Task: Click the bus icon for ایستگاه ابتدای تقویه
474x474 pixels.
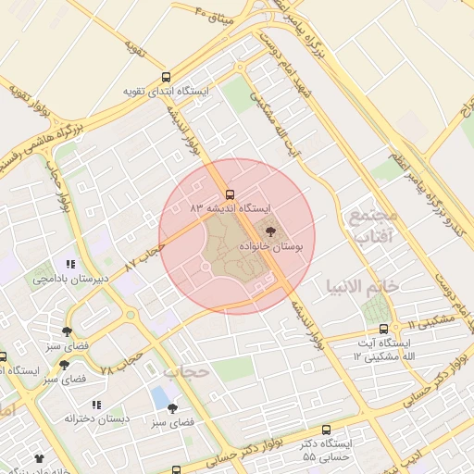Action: pos(166,78)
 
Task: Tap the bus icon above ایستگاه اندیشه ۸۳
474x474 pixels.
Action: pos(230,194)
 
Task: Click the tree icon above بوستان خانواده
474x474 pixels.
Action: pos(270,232)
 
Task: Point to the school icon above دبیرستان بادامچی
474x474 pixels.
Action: pos(71,264)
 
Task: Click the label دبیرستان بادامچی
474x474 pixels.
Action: pos(71,278)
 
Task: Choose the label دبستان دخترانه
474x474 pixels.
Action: pos(97,418)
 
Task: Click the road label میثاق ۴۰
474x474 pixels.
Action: pos(217,15)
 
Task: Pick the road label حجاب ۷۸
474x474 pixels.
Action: pos(119,362)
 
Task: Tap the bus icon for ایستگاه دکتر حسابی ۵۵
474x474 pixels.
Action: pos(326,430)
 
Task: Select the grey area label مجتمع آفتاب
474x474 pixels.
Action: pos(372,226)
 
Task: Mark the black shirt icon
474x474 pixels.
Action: pos(39,458)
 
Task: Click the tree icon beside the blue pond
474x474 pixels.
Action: pos(172,407)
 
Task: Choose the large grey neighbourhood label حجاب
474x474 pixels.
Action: pos(182,372)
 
